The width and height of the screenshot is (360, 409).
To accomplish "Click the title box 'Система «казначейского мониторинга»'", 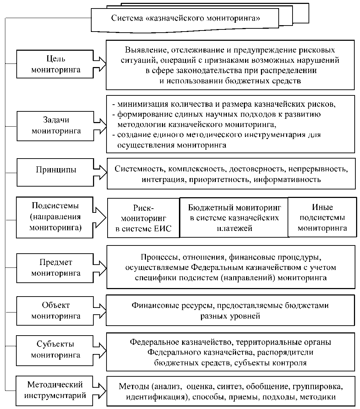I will coord(186,19).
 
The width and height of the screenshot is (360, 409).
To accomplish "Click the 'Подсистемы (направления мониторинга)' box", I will coord(55,217).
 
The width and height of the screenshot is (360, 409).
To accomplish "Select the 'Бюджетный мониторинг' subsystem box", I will coord(234,217).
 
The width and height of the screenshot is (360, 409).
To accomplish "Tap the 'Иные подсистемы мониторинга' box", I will coord(322,217).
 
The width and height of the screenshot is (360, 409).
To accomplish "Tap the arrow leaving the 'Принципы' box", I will coord(100,171).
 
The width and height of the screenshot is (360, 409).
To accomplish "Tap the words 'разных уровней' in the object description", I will coord(230,316).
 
